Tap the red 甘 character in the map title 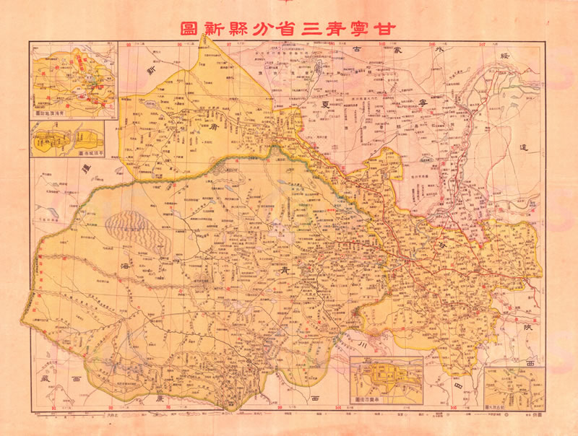coord(393,30)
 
